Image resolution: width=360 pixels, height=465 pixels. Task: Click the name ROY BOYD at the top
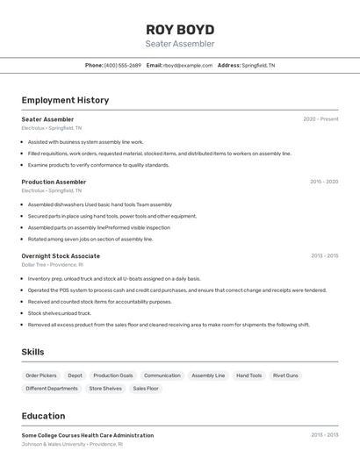point(180,29)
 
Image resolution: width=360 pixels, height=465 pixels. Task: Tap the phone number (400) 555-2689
point(122,65)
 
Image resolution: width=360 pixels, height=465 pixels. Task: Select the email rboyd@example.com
point(188,65)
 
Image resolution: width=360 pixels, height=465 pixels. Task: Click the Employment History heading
point(65,100)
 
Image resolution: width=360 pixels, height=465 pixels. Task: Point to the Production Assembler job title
point(54,182)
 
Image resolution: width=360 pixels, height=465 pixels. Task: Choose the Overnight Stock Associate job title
point(61,256)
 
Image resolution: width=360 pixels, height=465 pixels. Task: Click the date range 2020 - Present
point(320,119)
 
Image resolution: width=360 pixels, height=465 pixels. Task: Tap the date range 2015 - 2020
point(324,182)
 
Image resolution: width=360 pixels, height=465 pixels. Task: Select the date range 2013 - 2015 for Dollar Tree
point(324,256)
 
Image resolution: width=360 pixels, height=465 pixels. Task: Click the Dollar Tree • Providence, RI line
point(52,264)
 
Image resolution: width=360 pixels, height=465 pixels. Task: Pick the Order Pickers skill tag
point(41,376)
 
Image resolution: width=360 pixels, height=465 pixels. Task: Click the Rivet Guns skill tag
point(285,376)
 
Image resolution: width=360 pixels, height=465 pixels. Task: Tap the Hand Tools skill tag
point(248,376)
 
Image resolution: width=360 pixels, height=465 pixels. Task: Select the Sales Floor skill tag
point(146,388)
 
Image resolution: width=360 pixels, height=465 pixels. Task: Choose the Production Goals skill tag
point(113,376)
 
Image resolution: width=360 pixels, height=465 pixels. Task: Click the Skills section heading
point(33,352)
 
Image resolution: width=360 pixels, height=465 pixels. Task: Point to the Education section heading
point(43,416)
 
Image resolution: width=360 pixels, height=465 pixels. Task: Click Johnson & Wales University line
point(72,444)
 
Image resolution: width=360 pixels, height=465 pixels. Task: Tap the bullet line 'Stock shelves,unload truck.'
point(59,313)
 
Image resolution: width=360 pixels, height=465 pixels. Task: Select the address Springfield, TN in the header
point(258,65)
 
